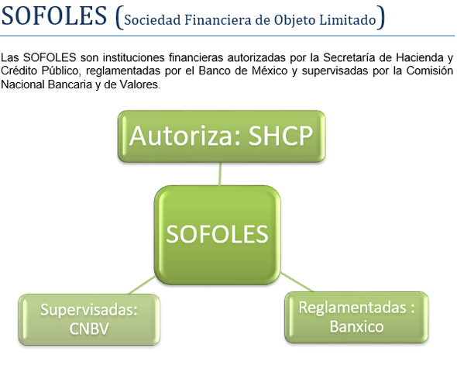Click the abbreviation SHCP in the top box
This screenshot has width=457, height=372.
click(280, 136)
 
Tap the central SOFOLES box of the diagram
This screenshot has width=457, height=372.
click(218, 234)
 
